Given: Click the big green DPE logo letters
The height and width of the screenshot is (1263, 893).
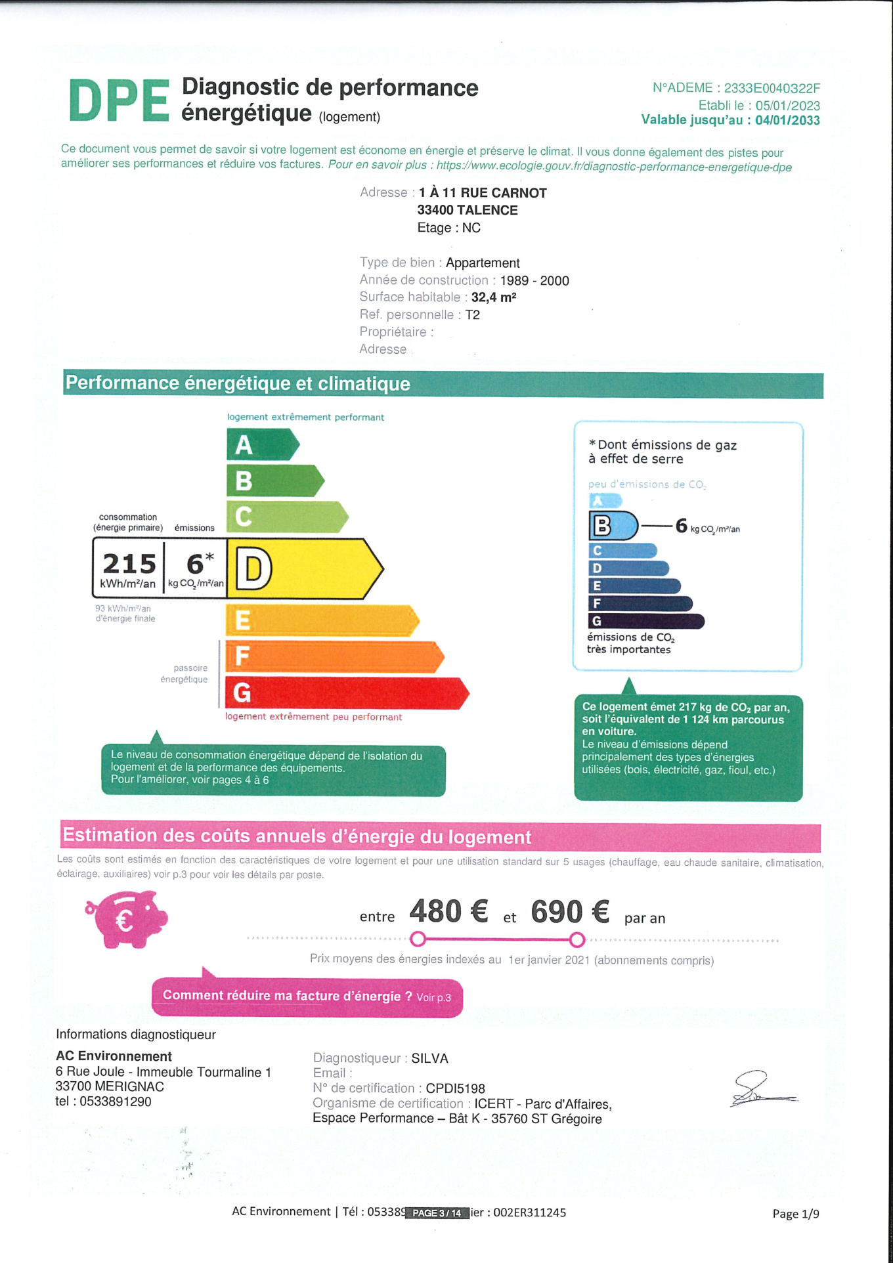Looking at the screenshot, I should coord(119,101).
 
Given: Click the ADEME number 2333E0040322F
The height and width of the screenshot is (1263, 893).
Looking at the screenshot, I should coord(772,88).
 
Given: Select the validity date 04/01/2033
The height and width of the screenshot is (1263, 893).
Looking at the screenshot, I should coord(787,120).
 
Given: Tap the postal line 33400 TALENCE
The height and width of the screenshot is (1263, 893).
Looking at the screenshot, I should coord(468,210).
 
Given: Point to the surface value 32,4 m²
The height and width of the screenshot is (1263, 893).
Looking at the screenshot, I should coord(494,297).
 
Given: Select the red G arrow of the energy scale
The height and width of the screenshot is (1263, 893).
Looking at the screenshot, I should coord(345,693).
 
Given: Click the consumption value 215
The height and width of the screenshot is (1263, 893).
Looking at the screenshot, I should coord(129,564).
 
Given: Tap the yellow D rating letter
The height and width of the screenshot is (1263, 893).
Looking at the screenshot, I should coord(253,569).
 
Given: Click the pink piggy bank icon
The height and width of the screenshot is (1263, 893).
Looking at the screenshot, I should coord(127,918).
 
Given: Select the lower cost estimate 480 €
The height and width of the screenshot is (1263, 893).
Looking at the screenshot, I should coord(448,912).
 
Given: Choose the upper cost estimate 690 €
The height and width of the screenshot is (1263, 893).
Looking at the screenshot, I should coord(570,912).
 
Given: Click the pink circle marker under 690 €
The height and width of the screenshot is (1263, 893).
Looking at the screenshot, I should coord(577,940).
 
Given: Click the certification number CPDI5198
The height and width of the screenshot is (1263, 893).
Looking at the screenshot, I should coord(455,1088).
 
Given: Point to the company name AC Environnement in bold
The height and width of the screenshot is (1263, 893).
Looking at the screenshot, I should coord(114,1056).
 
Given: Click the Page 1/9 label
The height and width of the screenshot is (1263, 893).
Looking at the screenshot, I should coord(796,1214).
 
